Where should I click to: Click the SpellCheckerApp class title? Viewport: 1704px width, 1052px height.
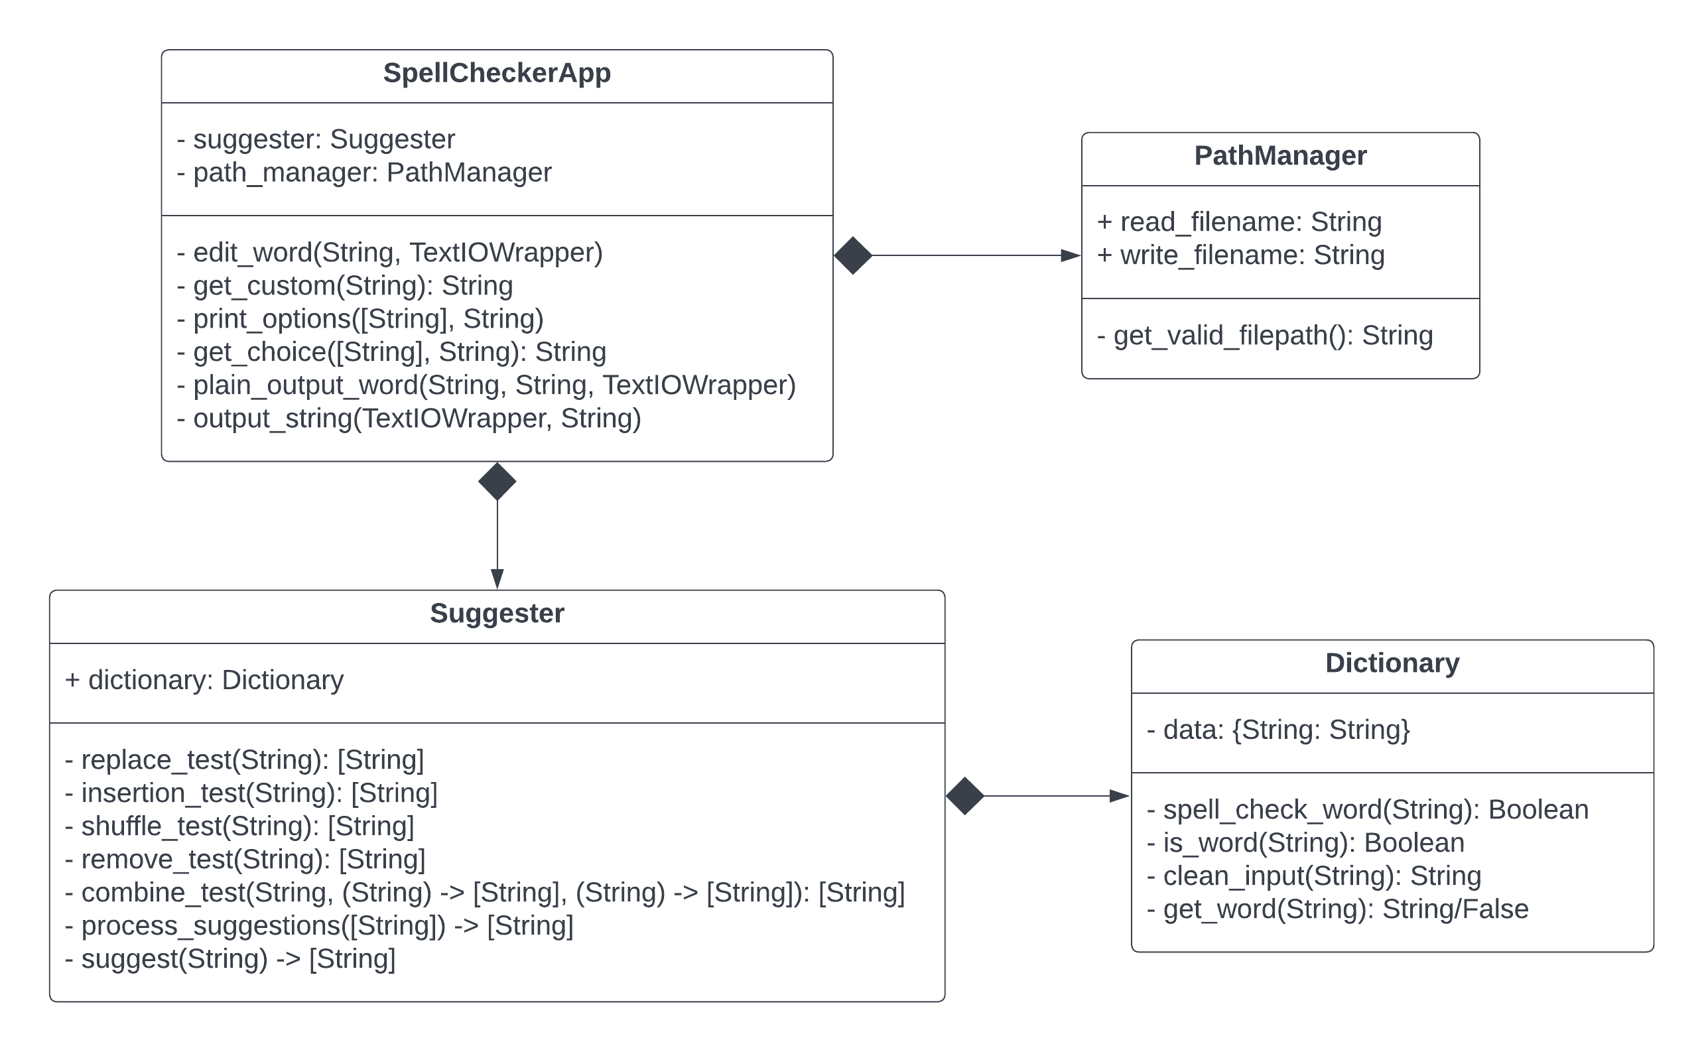[496, 73]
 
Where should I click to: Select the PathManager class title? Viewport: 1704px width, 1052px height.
[1279, 156]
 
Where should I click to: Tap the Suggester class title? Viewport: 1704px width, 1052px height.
[496, 614]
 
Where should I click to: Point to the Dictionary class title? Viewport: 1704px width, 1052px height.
[1392, 663]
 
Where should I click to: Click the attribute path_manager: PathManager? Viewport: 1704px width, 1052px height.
[364, 172]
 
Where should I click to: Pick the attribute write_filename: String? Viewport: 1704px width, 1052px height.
[1240, 255]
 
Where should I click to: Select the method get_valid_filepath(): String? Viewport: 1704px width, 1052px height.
[1264, 336]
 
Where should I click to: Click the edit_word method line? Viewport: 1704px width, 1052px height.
[389, 253]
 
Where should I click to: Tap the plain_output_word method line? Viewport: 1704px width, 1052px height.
[486, 385]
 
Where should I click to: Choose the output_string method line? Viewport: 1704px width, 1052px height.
[409, 419]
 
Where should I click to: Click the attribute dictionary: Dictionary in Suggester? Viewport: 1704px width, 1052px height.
[204, 681]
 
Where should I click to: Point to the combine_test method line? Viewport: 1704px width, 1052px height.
[484, 893]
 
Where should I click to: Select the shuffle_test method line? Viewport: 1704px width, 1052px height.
[239, 826]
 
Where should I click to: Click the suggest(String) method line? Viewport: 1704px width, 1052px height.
[229, 959]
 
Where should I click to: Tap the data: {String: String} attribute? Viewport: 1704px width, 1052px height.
[1278, 730]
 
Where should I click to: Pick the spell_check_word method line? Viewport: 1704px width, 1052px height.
[1366, 810]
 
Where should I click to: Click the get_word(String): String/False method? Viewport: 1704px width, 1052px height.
[1337, 909]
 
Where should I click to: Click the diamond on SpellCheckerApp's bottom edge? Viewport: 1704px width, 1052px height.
[497, 482]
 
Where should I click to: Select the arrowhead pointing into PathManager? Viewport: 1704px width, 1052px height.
[1070, 255]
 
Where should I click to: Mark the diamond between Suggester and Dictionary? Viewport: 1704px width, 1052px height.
[964, 796]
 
